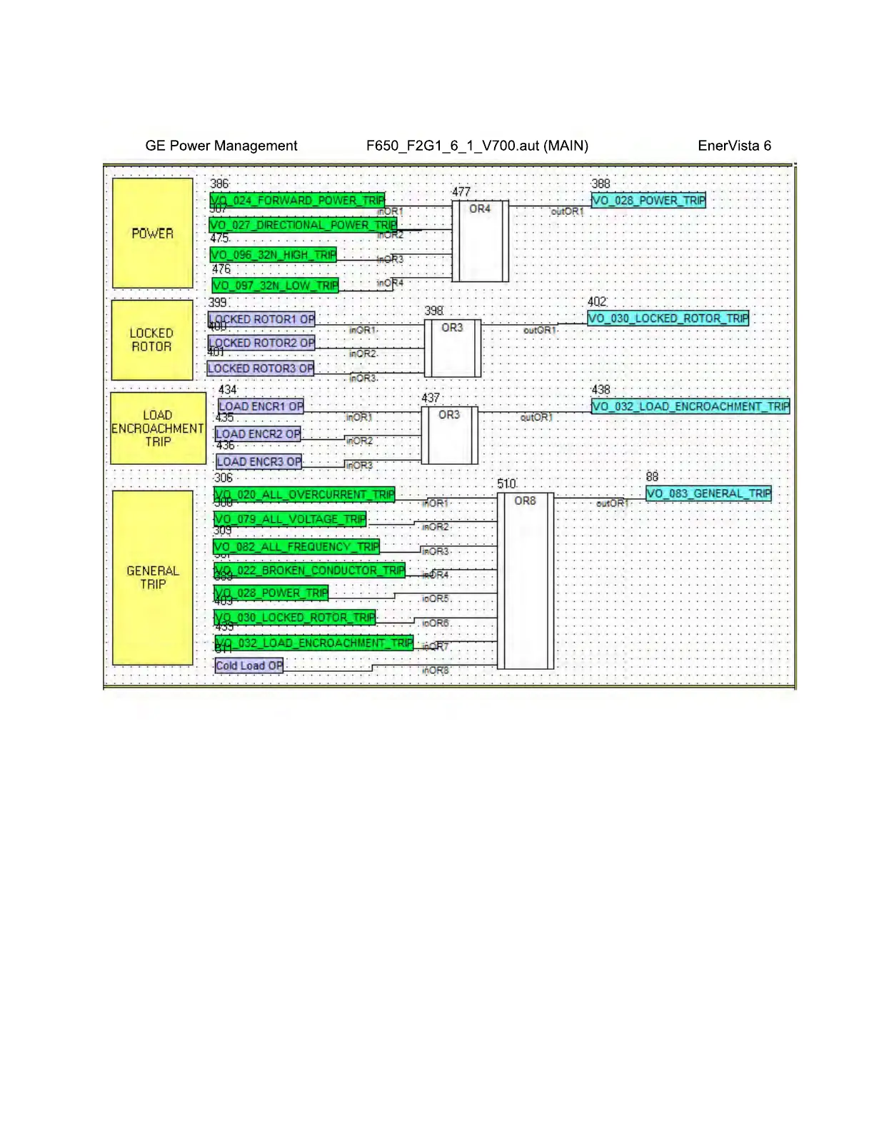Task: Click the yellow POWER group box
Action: click(x=152, y=233)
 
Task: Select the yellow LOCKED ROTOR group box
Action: click(x=151, y=340)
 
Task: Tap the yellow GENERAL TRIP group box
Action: click(x=152, y=577)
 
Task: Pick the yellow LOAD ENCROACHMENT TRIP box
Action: click(x=158, y=428)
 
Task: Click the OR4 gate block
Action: click(x=480, y=241)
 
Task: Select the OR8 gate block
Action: click(x=525, y=580)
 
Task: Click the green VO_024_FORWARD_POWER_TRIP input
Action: click(x=297, y=201)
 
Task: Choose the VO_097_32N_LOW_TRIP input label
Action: click(x=275, y=286)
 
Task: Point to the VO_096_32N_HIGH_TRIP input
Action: click(x=273, y=255)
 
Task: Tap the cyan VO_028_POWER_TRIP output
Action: click(x=648, y=201)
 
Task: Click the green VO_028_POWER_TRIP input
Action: click(x=271, y=593)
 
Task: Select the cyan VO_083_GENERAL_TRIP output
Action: click(x=708, y=493)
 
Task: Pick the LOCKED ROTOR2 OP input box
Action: click(x=261, y=343)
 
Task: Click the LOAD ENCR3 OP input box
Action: click(x=259, y=462)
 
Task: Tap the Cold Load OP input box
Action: click(x=249, y=665)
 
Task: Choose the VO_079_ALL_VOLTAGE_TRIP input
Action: click(x=290, y=519)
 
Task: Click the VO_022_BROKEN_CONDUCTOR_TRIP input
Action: click(x=309, y=570)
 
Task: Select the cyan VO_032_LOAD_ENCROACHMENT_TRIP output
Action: click(x=690, y=406)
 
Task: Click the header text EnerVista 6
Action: click(x=734, y=146)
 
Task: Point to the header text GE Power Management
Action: click(x=221, y=146)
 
